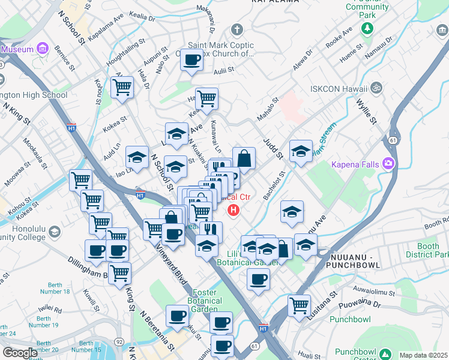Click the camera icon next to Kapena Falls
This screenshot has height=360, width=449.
(388, 163)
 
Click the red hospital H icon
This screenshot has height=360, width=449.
(233, 211)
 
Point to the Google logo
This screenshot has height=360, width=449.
(20, 353)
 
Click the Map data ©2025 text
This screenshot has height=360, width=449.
(423, 355)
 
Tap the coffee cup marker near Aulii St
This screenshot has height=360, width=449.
(192, 60)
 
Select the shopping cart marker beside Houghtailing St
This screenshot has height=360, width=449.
(122, 87)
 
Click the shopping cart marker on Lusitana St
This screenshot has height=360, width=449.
(299, 305)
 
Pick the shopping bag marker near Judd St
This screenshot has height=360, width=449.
(244, 158)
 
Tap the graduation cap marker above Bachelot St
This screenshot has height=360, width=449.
(301, 151)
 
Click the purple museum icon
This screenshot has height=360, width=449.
(42, 48)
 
